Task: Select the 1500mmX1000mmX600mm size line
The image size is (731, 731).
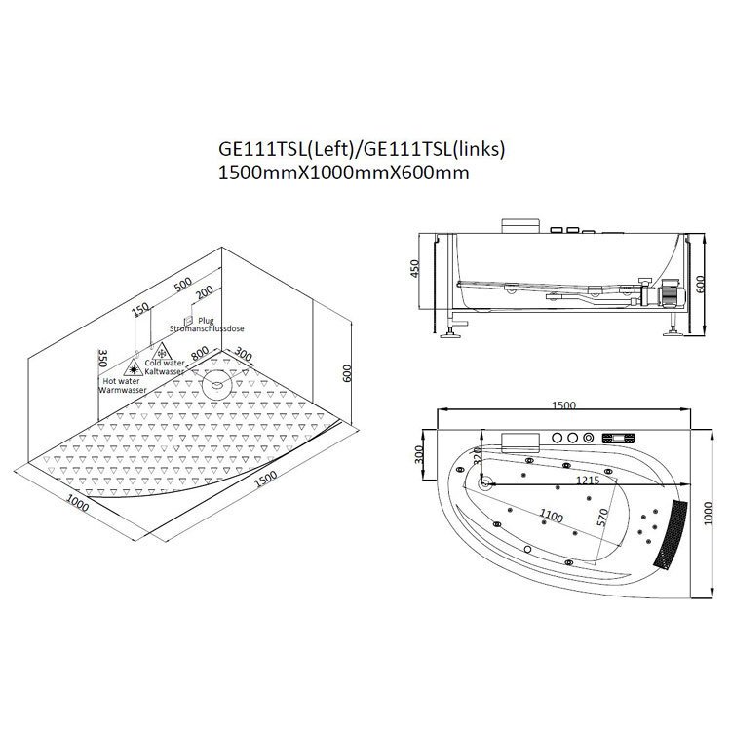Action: click(x=344, y=173)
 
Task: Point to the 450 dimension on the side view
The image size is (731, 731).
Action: click(x=414, y=269)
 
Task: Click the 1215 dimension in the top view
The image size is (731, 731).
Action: click(x=588, y=480)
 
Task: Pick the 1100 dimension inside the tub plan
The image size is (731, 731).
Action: click(x=551, y=516)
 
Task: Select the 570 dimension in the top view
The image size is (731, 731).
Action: click(x=602, y=518)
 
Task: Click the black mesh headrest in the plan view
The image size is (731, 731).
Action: click(x=670, y=533)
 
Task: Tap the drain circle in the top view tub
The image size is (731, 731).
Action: click(x=486, y=483)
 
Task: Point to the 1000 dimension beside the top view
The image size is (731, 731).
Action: click(x=708, y=514)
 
